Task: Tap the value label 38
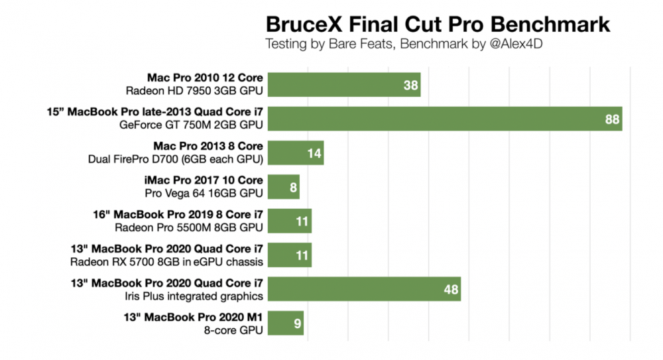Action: point(410,85)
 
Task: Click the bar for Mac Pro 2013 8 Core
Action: point(296,153)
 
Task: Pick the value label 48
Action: point(450,289)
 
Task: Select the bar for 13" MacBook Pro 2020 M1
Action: point(286,323)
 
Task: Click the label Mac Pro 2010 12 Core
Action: point(206,77)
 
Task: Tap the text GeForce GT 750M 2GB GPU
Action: point(192,124)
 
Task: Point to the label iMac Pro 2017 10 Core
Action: point(204,180)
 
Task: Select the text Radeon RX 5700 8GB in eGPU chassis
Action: point(167,261)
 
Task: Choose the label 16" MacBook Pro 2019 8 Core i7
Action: point(178,215)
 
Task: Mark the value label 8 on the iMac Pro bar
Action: point(292,188)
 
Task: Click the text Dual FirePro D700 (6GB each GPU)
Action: point(176,158)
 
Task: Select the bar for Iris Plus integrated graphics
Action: point(364,289)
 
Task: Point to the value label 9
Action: point(296,324)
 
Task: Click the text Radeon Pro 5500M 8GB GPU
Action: point(188,227)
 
